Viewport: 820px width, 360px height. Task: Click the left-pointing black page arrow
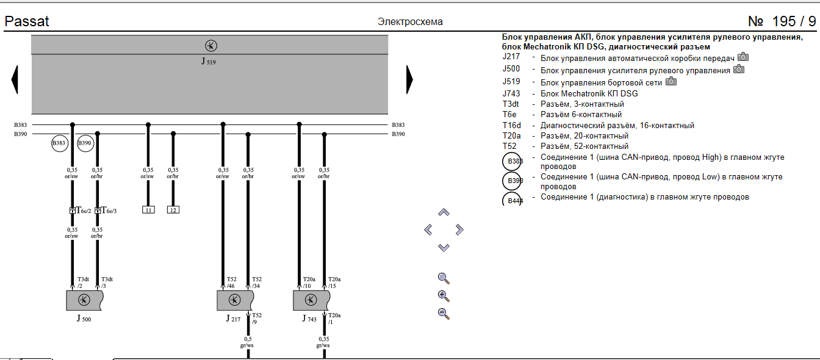15,79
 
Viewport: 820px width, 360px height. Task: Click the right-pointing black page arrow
409,79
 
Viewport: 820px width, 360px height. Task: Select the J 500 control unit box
85,300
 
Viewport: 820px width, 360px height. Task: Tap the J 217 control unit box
236,300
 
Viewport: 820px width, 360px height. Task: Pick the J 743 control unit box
311,300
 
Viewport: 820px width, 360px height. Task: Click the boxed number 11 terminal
148,210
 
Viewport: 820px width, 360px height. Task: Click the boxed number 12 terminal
173,210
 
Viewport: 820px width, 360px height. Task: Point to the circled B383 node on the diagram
59,143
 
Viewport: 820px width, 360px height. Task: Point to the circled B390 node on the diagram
85,143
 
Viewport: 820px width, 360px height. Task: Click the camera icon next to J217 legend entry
743,57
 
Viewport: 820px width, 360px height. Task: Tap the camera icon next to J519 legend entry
671,81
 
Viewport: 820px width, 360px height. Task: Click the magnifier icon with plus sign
444,297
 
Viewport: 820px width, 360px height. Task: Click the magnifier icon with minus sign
444,314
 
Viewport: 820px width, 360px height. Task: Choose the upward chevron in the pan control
444,212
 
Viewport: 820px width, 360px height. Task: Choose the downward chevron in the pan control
444,247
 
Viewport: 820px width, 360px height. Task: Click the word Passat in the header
27,21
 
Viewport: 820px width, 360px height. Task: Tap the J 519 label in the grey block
209,62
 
